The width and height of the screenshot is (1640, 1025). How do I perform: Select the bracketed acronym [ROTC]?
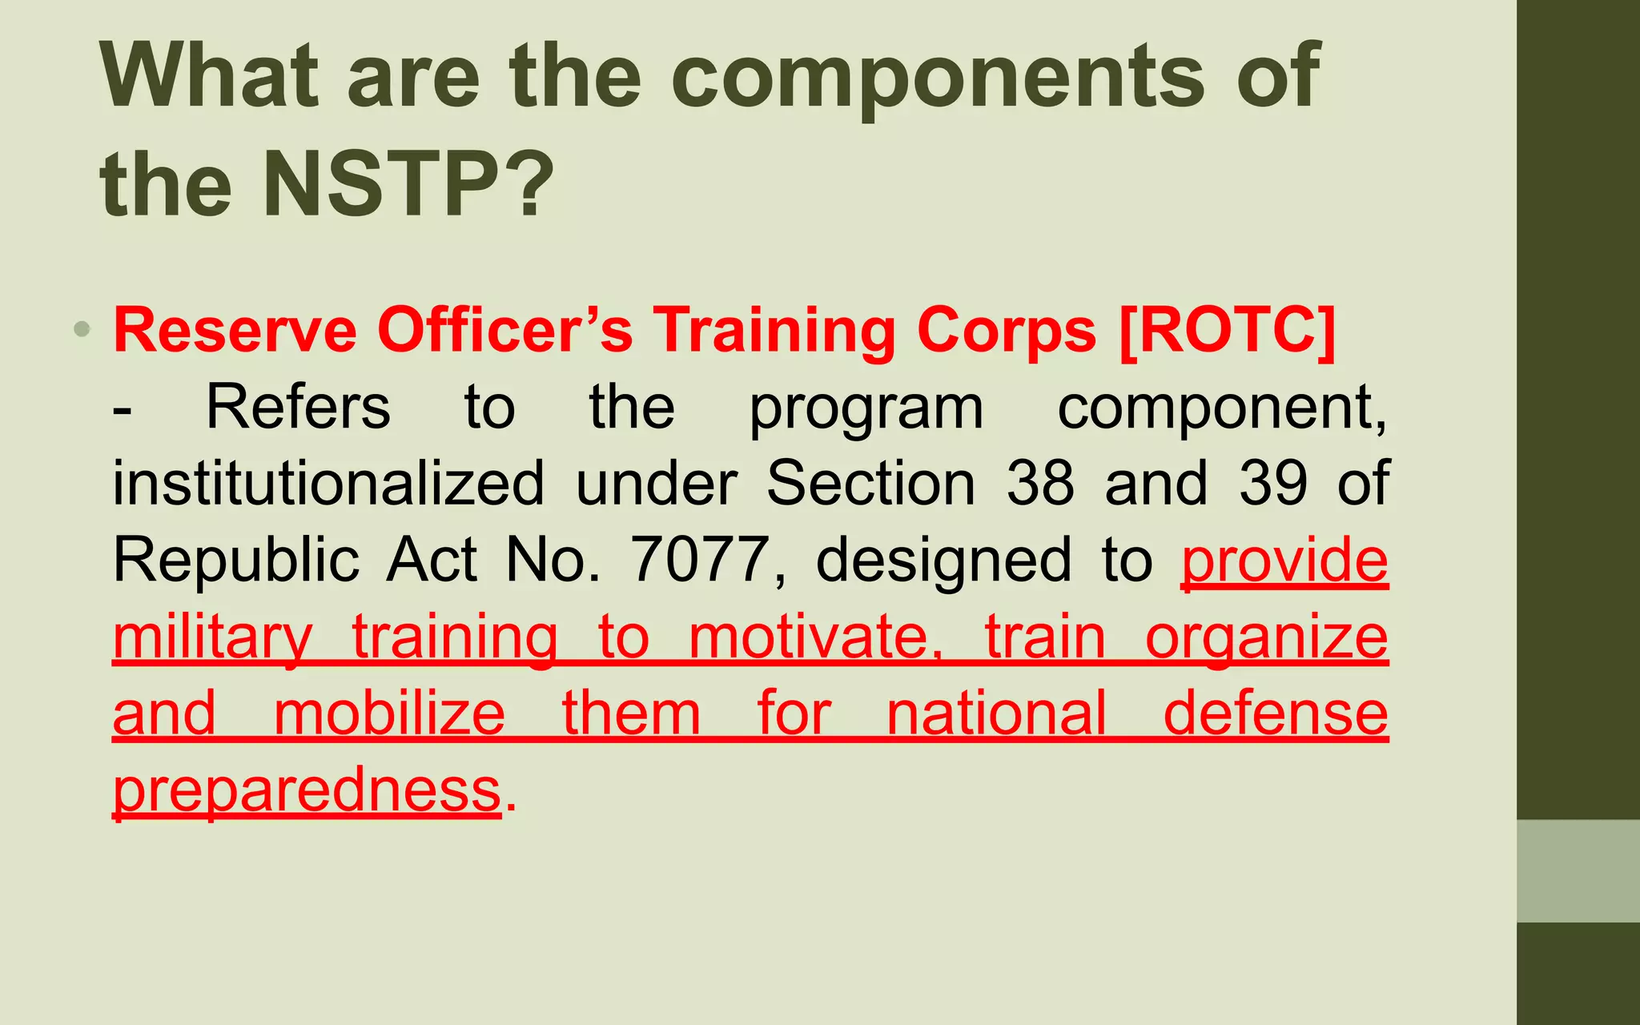[1227, 330]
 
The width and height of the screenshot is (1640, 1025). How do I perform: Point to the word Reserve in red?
[235, 330]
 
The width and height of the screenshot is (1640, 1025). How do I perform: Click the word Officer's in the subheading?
[504, 330]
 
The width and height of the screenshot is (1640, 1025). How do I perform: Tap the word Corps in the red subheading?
[1006, 330]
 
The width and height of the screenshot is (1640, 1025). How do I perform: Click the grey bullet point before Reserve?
[82, 328]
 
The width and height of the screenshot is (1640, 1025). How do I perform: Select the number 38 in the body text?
[1039, 483]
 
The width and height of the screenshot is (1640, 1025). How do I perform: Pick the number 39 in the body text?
[1273, 483]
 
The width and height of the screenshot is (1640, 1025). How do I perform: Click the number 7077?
[700, 559]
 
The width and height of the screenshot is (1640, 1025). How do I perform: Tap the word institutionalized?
[328, 483]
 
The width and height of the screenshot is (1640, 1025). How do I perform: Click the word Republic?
[235, 561]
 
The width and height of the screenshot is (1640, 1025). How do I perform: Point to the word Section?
[870, 483]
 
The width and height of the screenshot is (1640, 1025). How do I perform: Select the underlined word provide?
[1284, 561]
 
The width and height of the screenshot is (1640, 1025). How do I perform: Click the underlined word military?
[212, 637]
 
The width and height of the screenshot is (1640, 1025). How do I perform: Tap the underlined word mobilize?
[389, 713]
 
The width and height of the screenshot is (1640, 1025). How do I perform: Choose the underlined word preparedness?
[307, 790]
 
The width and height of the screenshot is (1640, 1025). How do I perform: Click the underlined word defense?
[1275, 713]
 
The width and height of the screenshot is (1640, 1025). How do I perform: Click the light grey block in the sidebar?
[1578, 870]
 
